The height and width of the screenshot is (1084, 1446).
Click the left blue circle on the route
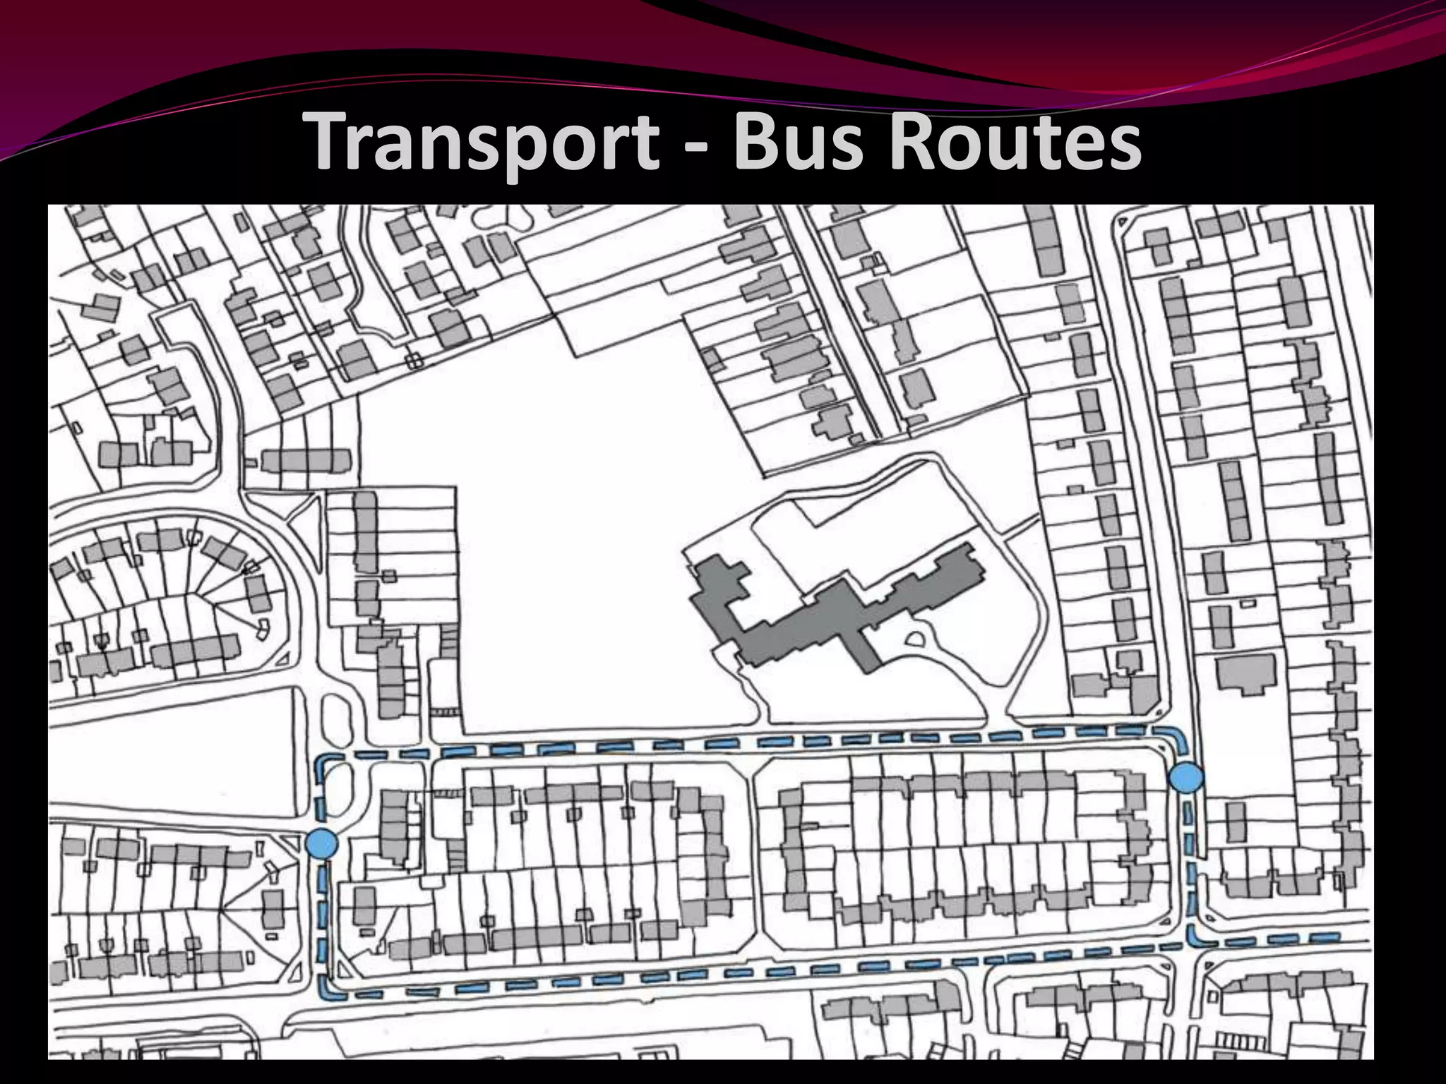[x=322, y=844]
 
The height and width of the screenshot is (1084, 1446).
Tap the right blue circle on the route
[x=1186, y=778]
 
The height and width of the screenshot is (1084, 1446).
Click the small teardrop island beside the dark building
[x=915, y=641]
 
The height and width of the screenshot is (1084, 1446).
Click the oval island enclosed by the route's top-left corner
[x=337, y=783]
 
